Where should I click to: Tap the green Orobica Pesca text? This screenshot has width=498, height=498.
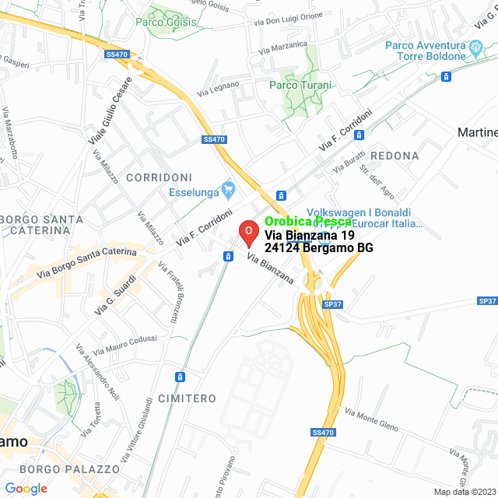308,222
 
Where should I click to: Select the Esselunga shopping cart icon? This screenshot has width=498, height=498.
228,188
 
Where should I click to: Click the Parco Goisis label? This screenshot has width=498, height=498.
166,22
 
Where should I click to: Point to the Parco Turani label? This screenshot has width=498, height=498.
300,85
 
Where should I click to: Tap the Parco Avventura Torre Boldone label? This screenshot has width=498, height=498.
436,51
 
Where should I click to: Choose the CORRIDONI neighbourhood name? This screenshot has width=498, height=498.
159,177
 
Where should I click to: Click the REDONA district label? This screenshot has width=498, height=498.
395,156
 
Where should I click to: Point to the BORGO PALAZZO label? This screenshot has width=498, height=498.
70,469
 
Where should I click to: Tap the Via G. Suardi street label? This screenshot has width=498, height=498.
116,295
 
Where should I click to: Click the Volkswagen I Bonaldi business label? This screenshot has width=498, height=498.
359,212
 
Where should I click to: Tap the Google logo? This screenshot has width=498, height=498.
26,488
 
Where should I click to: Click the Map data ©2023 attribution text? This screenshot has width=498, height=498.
464,492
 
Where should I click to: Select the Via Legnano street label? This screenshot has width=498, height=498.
218,90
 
